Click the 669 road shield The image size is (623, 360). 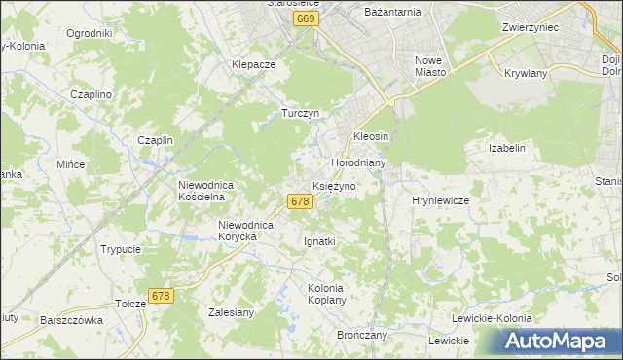click(x=306, y=18)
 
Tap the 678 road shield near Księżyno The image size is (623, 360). click(x=300, y=201)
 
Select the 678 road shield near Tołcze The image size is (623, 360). click(x=162, y=295)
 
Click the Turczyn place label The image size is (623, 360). click(x=301, y=113)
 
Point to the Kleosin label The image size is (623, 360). click(x=371, y=136)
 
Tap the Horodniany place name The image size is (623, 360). click(x=360, y=162)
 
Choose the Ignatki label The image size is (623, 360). click(x=320, y=241)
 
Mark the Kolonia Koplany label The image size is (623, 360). click(x=326, y=295)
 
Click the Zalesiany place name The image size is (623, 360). click(x=232, y=312)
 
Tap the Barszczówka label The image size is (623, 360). click(x=71, y=319)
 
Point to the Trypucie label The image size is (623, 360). click(x=121, y=249)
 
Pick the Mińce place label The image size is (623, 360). click(x=71, y=164)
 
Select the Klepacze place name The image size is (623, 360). click(x=254, y=64)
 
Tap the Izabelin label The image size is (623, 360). click(x=507, y=148)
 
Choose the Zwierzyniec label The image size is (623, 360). click(x=530, y=28)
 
